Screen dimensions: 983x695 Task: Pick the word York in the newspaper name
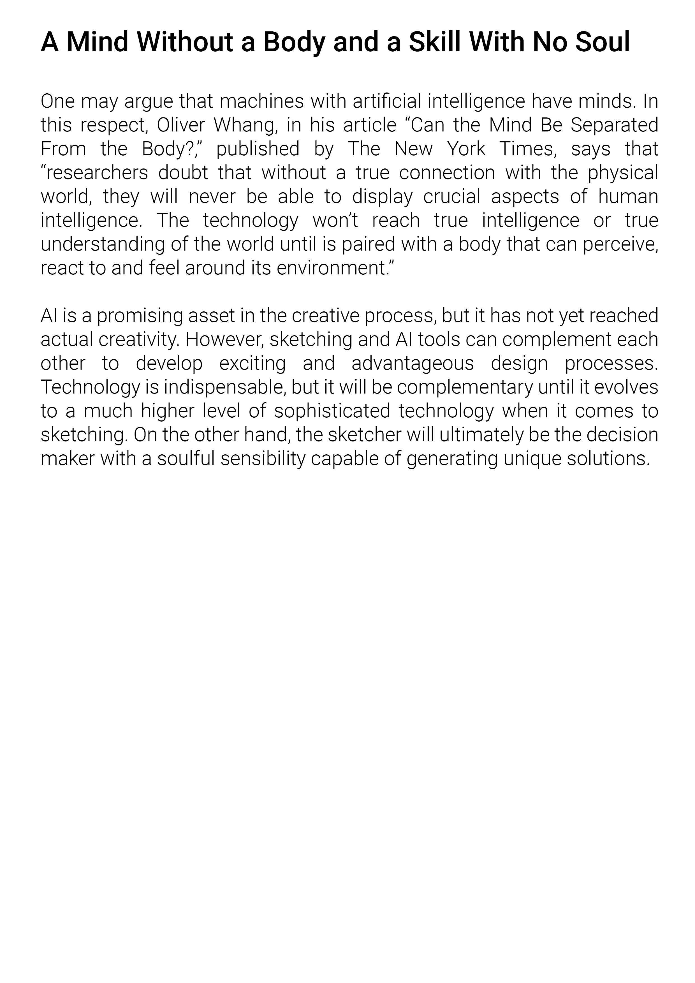pyautogui.click(x=467, y=149)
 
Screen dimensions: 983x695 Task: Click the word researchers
pyautogui.click(x=94, y=173)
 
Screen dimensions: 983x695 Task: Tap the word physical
pyautogui.click(x=623, y=173)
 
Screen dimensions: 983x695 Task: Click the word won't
pyautogui.click(x=335, y=221)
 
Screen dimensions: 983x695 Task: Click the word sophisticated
pyautogui.click(x=332, y=411)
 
